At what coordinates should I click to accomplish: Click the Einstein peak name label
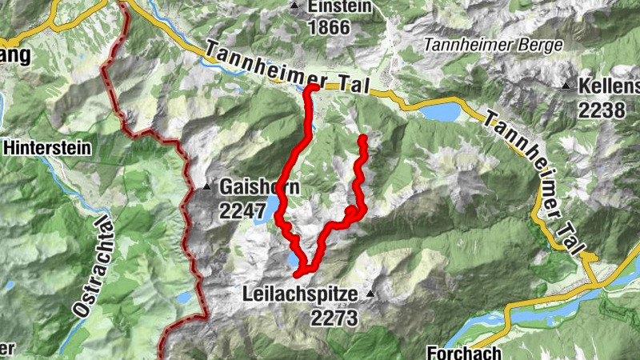click(x=341, y=6)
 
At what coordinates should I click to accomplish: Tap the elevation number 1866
click(x=329, y=27)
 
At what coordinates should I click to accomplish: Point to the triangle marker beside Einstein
click(x=294, y=6)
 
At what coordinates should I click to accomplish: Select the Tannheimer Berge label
click(x=494, y=44)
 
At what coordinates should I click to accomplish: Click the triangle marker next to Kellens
click(x=566, y=86)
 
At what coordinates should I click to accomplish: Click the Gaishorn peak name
click(x=261, y=189)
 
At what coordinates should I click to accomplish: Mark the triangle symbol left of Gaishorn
click(x=206, y=188)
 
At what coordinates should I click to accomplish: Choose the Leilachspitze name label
click(x=299, y=295)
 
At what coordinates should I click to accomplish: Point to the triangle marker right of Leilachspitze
click(x=370, y=294)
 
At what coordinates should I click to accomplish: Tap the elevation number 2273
click(x=334, y=318)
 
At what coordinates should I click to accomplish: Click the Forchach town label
click(x=464, y=352)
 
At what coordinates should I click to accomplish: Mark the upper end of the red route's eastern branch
click(x=362, y=139)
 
